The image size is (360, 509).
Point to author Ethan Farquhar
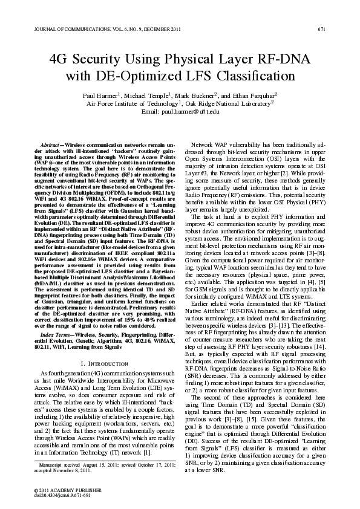tap(252, 96)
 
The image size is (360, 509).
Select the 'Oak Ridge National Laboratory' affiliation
tap(227, 104)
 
